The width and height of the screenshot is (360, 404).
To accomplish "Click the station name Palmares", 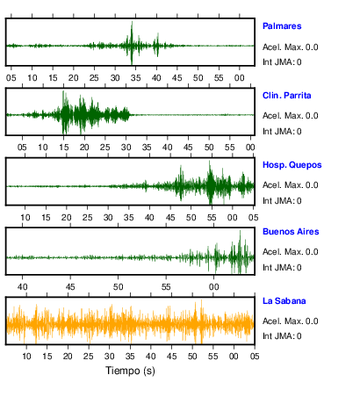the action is (282, 26).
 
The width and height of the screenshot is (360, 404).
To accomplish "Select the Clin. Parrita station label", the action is (287, 96).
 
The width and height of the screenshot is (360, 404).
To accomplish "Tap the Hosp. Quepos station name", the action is (292, 165).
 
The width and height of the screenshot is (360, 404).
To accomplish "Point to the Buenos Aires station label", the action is (291, 232).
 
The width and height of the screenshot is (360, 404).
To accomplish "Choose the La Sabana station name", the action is (284, 301).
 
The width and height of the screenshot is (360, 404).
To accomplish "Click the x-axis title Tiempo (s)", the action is (130, 371).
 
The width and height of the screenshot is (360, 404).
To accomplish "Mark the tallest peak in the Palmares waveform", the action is (132, 21).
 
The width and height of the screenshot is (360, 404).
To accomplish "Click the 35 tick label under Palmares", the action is (135, 78).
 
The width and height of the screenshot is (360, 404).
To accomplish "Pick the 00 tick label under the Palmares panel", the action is (240, 78).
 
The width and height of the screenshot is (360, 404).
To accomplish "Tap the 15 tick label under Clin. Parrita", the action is (64, 148).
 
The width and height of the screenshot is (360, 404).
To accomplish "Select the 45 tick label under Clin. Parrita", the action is (188, 148).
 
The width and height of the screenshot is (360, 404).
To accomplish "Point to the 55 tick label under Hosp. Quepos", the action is (212, 218).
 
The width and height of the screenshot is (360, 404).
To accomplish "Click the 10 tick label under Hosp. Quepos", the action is (25, 218).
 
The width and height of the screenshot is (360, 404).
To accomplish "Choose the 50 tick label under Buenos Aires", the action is (118, 287).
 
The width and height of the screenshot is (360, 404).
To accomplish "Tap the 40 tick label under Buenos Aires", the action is (23, 287).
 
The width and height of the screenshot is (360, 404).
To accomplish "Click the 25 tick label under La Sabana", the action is (89, 357).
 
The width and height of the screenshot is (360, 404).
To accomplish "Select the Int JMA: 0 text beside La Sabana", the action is (282, 335).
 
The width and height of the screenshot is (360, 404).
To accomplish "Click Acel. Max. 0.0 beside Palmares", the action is (291, 47).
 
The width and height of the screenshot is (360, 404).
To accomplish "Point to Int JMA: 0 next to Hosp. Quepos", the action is (282, 201).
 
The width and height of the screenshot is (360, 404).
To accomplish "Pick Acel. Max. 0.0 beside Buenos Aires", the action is (291, 252).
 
